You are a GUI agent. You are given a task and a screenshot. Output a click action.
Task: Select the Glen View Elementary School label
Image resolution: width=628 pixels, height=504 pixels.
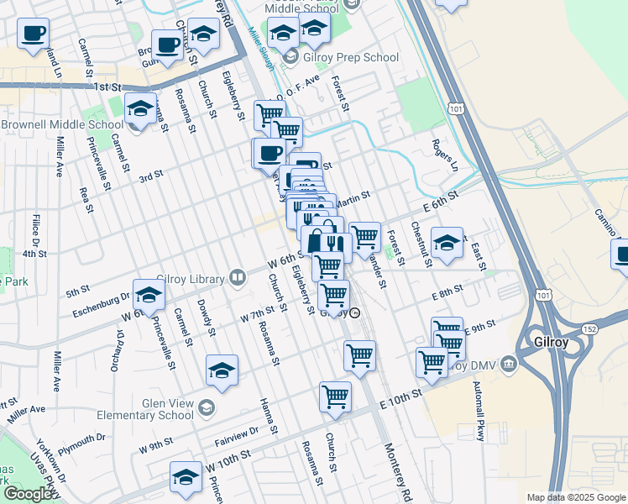coord(160,408)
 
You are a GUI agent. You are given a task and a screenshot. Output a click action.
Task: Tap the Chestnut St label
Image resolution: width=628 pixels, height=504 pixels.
coord(421,243)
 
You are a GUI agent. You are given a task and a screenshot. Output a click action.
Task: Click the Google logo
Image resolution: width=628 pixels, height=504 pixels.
coord(28,494)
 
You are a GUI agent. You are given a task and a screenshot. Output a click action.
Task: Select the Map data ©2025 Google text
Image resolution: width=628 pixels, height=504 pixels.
coord(575,497)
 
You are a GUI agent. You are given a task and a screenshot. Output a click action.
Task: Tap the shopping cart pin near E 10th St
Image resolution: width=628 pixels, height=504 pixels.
coord(336,396)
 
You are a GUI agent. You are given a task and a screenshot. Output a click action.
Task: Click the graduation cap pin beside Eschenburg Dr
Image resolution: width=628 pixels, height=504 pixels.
coord(149,294)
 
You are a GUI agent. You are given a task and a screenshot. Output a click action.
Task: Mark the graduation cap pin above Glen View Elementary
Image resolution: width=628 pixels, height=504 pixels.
coord(222,370)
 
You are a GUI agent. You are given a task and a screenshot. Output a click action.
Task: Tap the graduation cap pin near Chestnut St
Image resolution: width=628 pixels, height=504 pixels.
coord(447,242)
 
